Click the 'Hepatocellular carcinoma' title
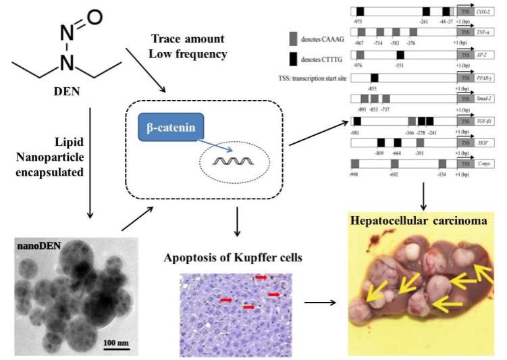419,222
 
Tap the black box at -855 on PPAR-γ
374,78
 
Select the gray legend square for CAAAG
293,38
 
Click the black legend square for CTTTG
293,59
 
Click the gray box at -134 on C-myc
442,163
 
